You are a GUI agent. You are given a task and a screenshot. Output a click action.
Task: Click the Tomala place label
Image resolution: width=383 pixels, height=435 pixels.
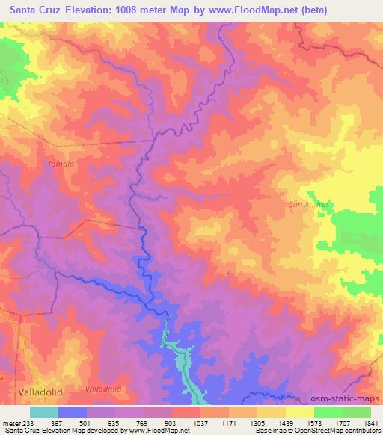click(x=58, y=164)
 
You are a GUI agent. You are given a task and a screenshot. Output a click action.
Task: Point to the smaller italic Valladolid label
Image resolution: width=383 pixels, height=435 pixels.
click(x=103, y=389)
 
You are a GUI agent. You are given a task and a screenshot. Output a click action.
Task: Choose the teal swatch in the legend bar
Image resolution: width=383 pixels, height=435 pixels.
click(x=44, y=411)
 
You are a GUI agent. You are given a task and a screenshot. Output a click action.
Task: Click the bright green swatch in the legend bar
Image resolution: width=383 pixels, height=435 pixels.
click(x=328, y=411)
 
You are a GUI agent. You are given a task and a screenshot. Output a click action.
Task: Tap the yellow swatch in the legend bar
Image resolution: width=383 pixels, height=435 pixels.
click(x=300, y=411)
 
